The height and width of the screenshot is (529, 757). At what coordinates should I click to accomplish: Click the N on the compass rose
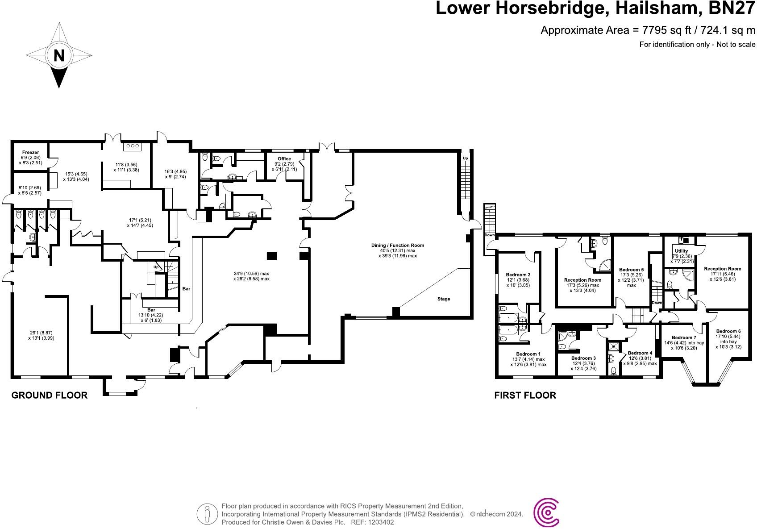coord(59,55)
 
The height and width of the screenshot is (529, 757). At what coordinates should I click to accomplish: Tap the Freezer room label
coord(30,153)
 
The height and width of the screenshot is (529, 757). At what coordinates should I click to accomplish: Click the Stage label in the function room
coord(443,299)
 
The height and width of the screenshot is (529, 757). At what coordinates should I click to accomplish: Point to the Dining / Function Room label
coord(397,245)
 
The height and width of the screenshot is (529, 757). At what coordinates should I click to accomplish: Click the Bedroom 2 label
coord(518,275)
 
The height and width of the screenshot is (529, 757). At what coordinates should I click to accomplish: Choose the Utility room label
coord(681,251)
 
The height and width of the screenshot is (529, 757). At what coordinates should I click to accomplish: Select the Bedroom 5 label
coord(631,270)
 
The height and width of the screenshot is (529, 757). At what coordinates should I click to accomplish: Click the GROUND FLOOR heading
coord(49,395)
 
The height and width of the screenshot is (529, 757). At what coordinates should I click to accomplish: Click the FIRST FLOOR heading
coord(525,395)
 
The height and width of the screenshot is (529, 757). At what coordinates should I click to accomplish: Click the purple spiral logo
coord(547,512)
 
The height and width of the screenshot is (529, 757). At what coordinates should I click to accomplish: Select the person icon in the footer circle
coord(207,514)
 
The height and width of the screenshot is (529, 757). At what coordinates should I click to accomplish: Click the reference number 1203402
coord(378,522)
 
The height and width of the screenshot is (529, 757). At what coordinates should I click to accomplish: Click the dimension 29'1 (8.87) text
coord(41,333)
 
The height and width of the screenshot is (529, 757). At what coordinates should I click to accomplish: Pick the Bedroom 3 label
coord(583,358)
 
